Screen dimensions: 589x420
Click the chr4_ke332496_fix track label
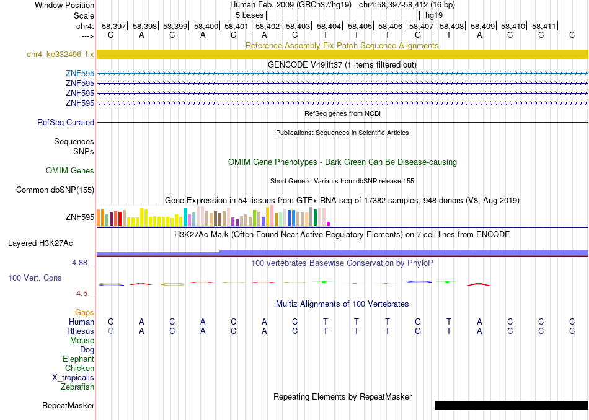pyautogui.click(x=60, y=54)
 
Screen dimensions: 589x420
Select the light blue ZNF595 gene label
pyautogui.click(x=79, y=73)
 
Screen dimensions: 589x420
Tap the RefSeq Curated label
pyautogui.click(x=66, y=123)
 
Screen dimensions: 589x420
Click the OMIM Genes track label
pyautogui.click(x=70, y=170)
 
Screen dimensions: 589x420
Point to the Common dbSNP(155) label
pyautogui.click(x=55, y=190)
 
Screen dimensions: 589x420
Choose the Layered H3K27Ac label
pyautogui.click(x=40, y=243)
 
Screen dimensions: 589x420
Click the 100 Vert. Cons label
pyautogui.click(x=35, y=278)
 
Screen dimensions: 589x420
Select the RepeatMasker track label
pyautogui.click(x=68, y=405)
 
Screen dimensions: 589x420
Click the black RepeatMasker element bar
pyautogui.click(x=511, y=405)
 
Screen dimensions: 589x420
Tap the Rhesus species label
pyautogui.click(x=81, y=331)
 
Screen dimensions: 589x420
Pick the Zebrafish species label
pyautogui.click(x=77, y=387)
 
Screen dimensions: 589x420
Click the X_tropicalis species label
pyautogui.click(x=73, y=378)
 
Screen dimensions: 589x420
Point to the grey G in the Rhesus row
pyautogui.click(x=110, y=331)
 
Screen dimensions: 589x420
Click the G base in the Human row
pyautogui.click(x=418, y=322)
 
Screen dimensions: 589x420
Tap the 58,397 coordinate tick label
pyautogui.click(x=113, y=26)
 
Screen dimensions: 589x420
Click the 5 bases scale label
pyautogui.click(x=249, y=15)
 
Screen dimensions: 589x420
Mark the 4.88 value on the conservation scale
pyautogui.click(x=79, y=263)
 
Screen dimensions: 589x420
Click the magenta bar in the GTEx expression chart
pyautogui.click(x=329, y=224)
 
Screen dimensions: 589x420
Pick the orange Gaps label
pyautogui.click(x=84, y=313)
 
